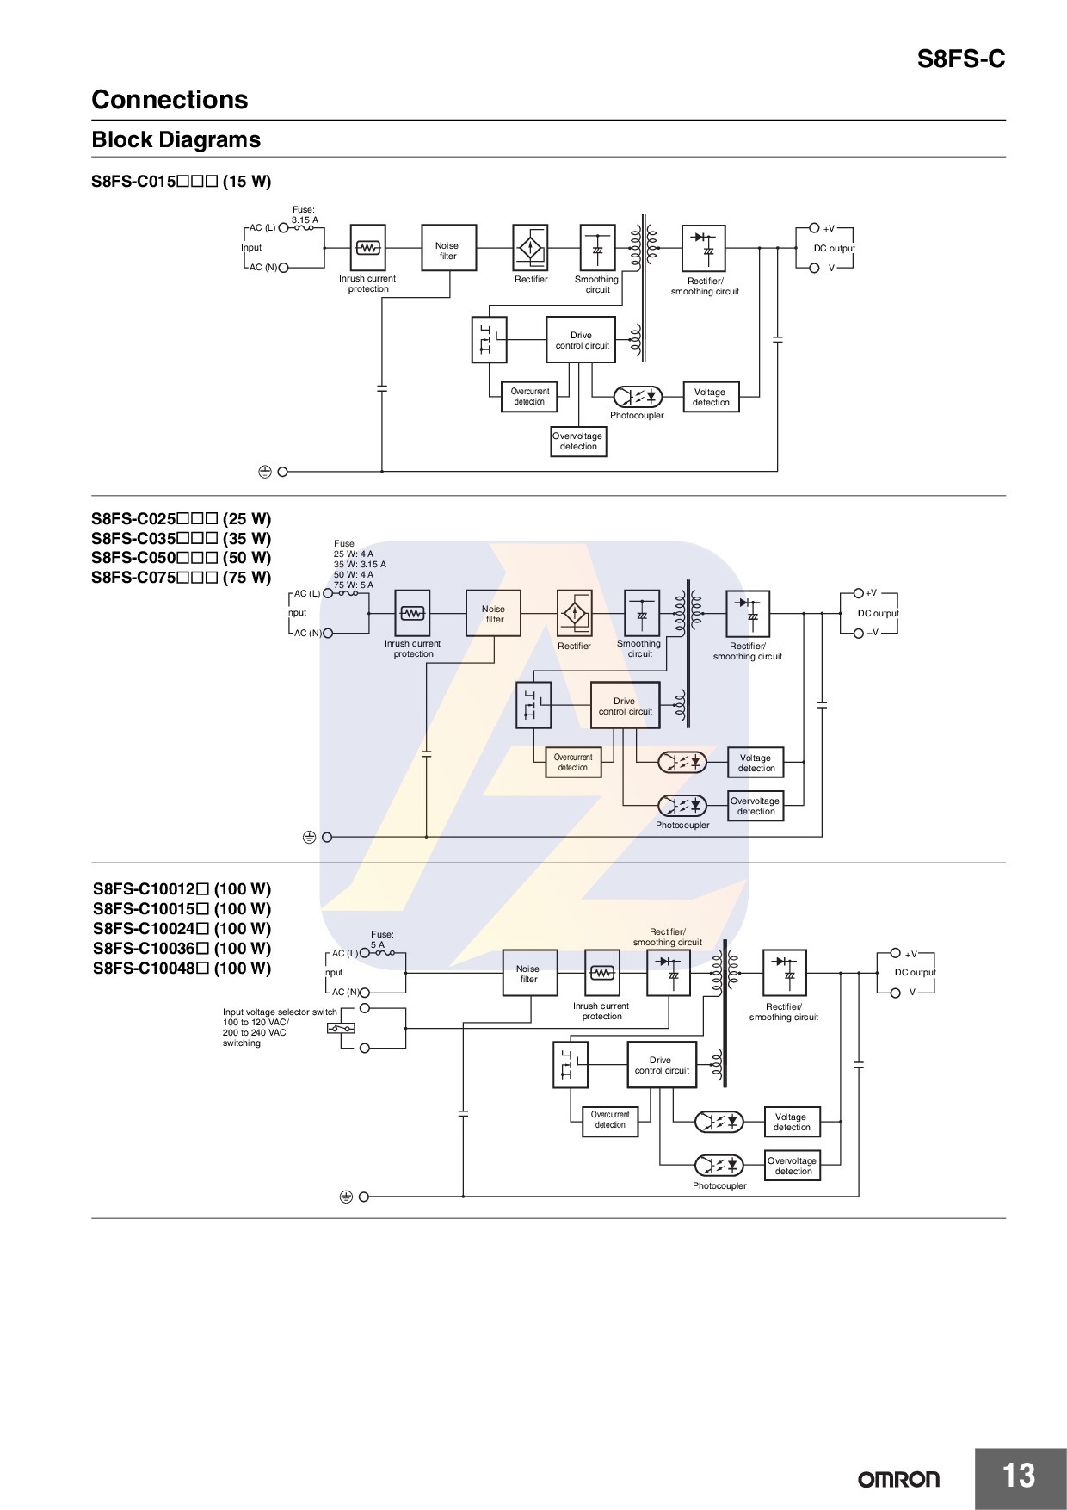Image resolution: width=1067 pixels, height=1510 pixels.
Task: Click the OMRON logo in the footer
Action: point(898,1479)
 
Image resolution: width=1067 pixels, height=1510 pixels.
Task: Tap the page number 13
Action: point(1019,1476)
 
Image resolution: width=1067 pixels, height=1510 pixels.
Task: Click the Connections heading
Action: point(170,100)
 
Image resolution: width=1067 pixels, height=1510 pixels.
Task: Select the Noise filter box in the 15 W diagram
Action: point(448,248)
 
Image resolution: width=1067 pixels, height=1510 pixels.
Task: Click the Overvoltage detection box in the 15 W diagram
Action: point(578,442)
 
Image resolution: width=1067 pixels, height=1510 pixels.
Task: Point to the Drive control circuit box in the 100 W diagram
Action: point(662,1065)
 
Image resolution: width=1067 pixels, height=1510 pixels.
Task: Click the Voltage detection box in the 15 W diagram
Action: point(711,397)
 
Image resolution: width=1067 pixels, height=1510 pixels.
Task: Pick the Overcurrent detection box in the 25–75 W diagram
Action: point(573,763)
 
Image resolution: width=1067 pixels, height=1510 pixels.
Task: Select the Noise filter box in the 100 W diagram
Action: point(528,974)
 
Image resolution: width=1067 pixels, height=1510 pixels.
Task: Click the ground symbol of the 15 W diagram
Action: point(265,472)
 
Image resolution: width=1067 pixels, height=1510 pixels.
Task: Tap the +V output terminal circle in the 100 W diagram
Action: point(896,953)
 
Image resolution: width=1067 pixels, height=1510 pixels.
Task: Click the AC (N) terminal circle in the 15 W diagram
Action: point(283,268)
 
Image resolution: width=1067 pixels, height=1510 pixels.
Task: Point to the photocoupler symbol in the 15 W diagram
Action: point(638,397)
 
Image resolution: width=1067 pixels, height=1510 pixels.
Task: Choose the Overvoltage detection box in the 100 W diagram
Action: point(793,1166)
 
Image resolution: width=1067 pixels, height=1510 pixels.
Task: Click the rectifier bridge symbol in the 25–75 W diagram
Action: point(575,614)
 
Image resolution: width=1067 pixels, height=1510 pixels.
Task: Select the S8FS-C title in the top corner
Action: point(960,59)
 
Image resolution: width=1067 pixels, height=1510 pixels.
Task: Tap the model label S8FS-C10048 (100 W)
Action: point(182,969)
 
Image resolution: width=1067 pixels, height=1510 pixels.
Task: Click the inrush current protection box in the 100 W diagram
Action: point(602,973)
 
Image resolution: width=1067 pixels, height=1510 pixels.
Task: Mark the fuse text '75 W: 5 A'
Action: point(354,585)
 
